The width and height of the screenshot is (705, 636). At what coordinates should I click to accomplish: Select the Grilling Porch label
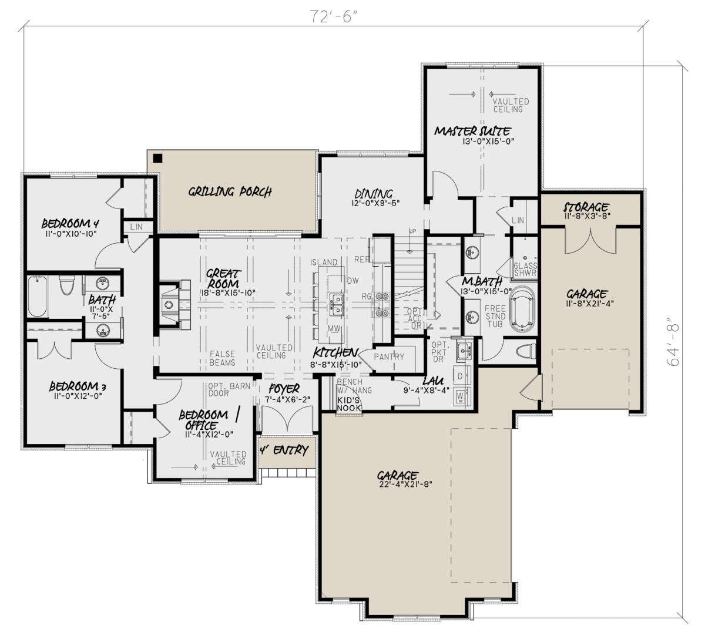coord(230,192)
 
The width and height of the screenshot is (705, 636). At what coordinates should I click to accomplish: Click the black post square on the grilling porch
coord(158,159)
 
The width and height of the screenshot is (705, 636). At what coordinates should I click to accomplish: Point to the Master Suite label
coord(472,131)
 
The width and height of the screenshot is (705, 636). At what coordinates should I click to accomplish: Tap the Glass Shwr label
coord(525,269)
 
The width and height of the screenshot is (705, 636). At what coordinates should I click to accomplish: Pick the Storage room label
coord(586,207)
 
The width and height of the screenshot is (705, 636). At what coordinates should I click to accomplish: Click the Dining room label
coord(374,194)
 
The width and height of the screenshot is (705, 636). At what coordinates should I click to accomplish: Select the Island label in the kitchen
coord(324,262)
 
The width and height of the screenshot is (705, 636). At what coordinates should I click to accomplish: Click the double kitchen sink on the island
coord(336,305)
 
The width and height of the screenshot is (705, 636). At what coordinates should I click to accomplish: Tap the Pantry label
coord(389,357)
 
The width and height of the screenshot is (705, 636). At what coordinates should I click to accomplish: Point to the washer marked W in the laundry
coord(460,396)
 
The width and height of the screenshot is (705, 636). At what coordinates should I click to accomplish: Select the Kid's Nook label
coord(348,404)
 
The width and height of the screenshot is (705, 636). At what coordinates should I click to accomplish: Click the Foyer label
coord(284,389)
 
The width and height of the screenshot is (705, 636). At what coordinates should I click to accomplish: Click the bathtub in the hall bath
coord(37,297)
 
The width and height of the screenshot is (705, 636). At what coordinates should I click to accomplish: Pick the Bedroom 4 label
coord(70,224)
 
